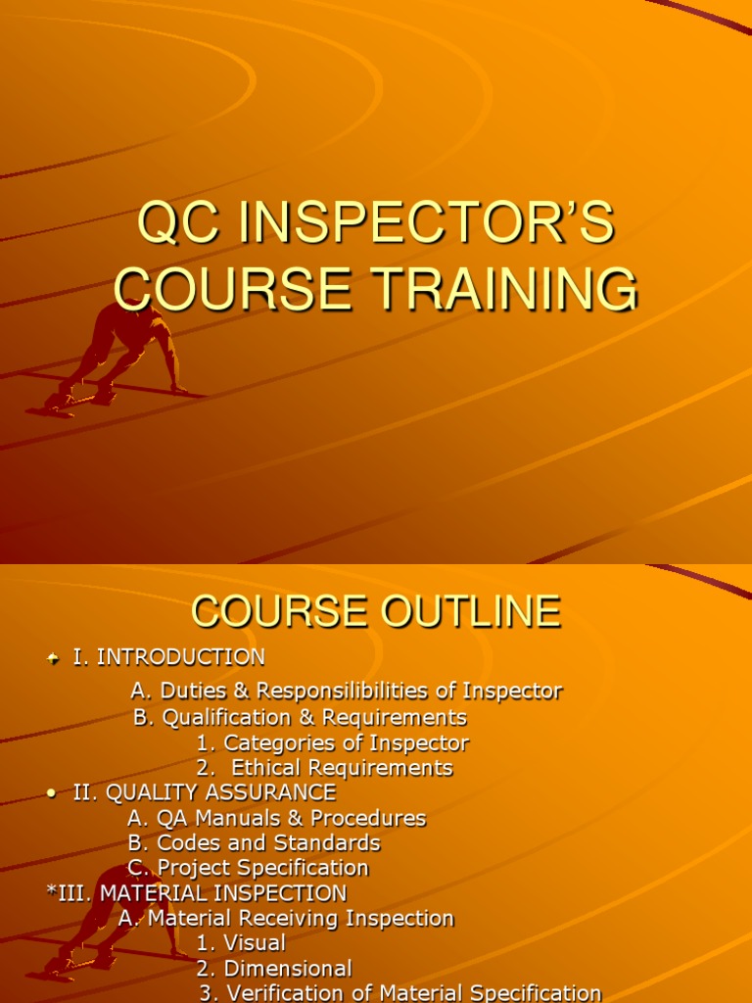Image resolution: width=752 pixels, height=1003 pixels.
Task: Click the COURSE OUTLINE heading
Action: tap(376, 612)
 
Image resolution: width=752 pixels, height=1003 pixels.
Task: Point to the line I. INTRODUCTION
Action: tap(168, 656)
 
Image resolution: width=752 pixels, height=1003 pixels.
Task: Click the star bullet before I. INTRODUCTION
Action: tap(54, 657)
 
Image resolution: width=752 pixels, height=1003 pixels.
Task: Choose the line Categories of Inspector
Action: tap(333, 742)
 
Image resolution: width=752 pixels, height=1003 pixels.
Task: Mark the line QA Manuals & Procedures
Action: tap(277, 818)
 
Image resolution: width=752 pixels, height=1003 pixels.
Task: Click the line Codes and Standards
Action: tap(254, 843)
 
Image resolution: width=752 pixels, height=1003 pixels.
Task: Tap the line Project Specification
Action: tap(248, 869)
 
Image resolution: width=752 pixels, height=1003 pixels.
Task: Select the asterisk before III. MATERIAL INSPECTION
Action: tap(51, 892)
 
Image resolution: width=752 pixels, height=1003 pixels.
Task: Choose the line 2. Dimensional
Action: tap(274, 969)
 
